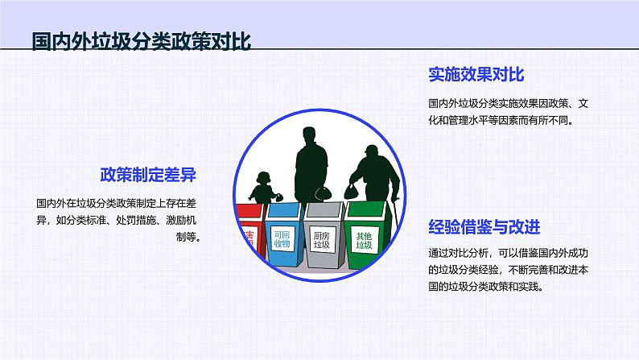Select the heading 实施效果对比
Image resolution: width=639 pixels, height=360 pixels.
pyautogui.click(x=476, y=76)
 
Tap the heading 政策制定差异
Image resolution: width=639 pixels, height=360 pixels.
pyautogui.click(x=148, y=175)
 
